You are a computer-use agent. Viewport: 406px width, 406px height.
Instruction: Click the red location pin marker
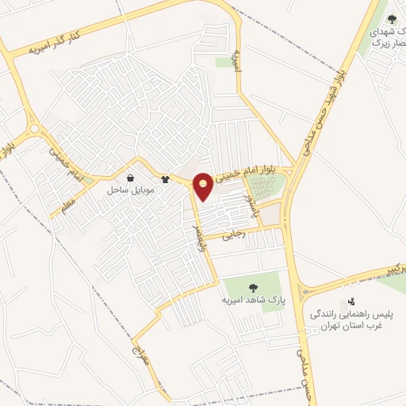pos(204,186)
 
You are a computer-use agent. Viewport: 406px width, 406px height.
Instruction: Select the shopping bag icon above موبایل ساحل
pos(130,178)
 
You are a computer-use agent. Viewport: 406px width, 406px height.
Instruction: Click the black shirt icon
pos(165,179)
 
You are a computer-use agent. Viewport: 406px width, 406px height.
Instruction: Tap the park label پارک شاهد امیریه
pos(253,301)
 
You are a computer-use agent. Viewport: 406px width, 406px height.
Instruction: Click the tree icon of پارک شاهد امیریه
pos(253,288)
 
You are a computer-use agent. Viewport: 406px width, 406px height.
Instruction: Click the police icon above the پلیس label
pos(351,302)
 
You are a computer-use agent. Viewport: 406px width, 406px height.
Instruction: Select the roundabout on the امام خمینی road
pos(34,129)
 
